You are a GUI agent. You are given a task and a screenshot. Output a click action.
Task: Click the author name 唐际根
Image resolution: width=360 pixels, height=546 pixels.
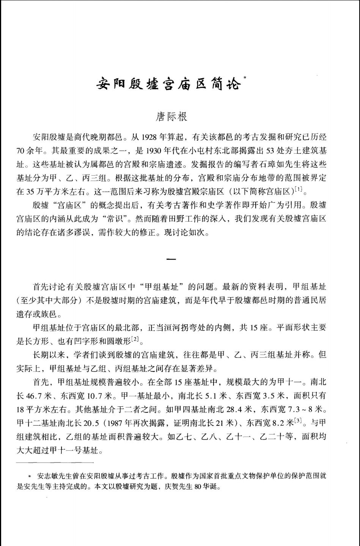pyautogui.click(x=171, y=116)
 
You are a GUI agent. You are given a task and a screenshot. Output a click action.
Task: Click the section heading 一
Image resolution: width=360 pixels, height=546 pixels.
pyautogui.click(x=171, y=260)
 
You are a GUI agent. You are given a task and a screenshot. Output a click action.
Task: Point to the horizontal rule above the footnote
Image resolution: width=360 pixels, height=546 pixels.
pyautogui.click(x=55, y=463)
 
